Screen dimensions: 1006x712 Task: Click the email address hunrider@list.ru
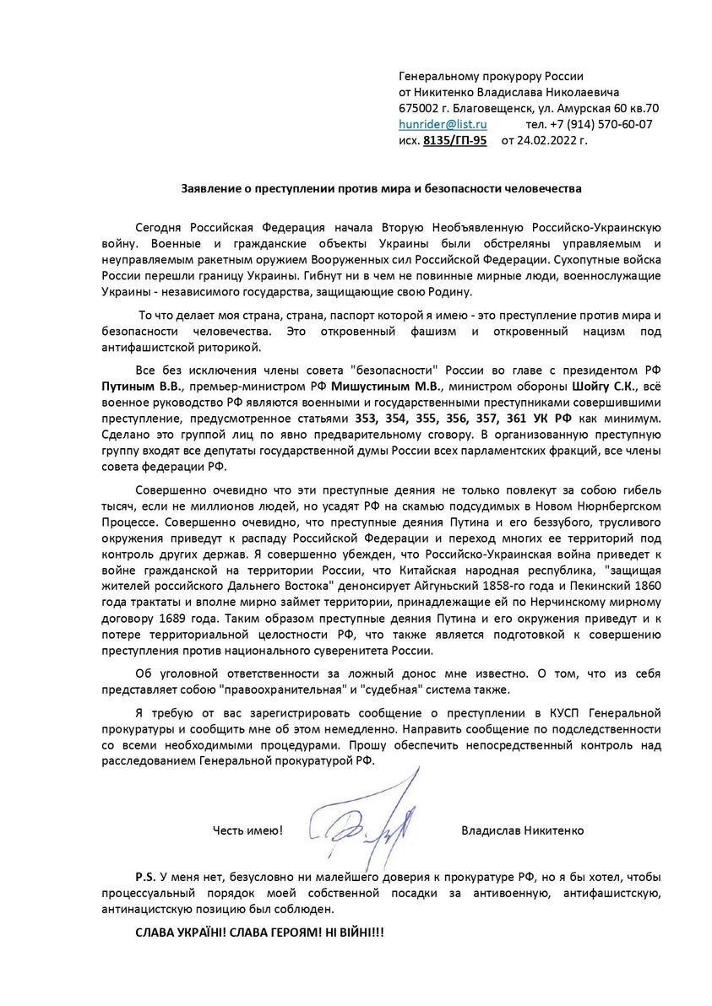coord(443,124)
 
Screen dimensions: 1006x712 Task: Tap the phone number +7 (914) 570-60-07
coord(604,124)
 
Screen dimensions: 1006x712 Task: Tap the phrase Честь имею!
coord(247,830)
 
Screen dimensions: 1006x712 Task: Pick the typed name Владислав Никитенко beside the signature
coord(522,830)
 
